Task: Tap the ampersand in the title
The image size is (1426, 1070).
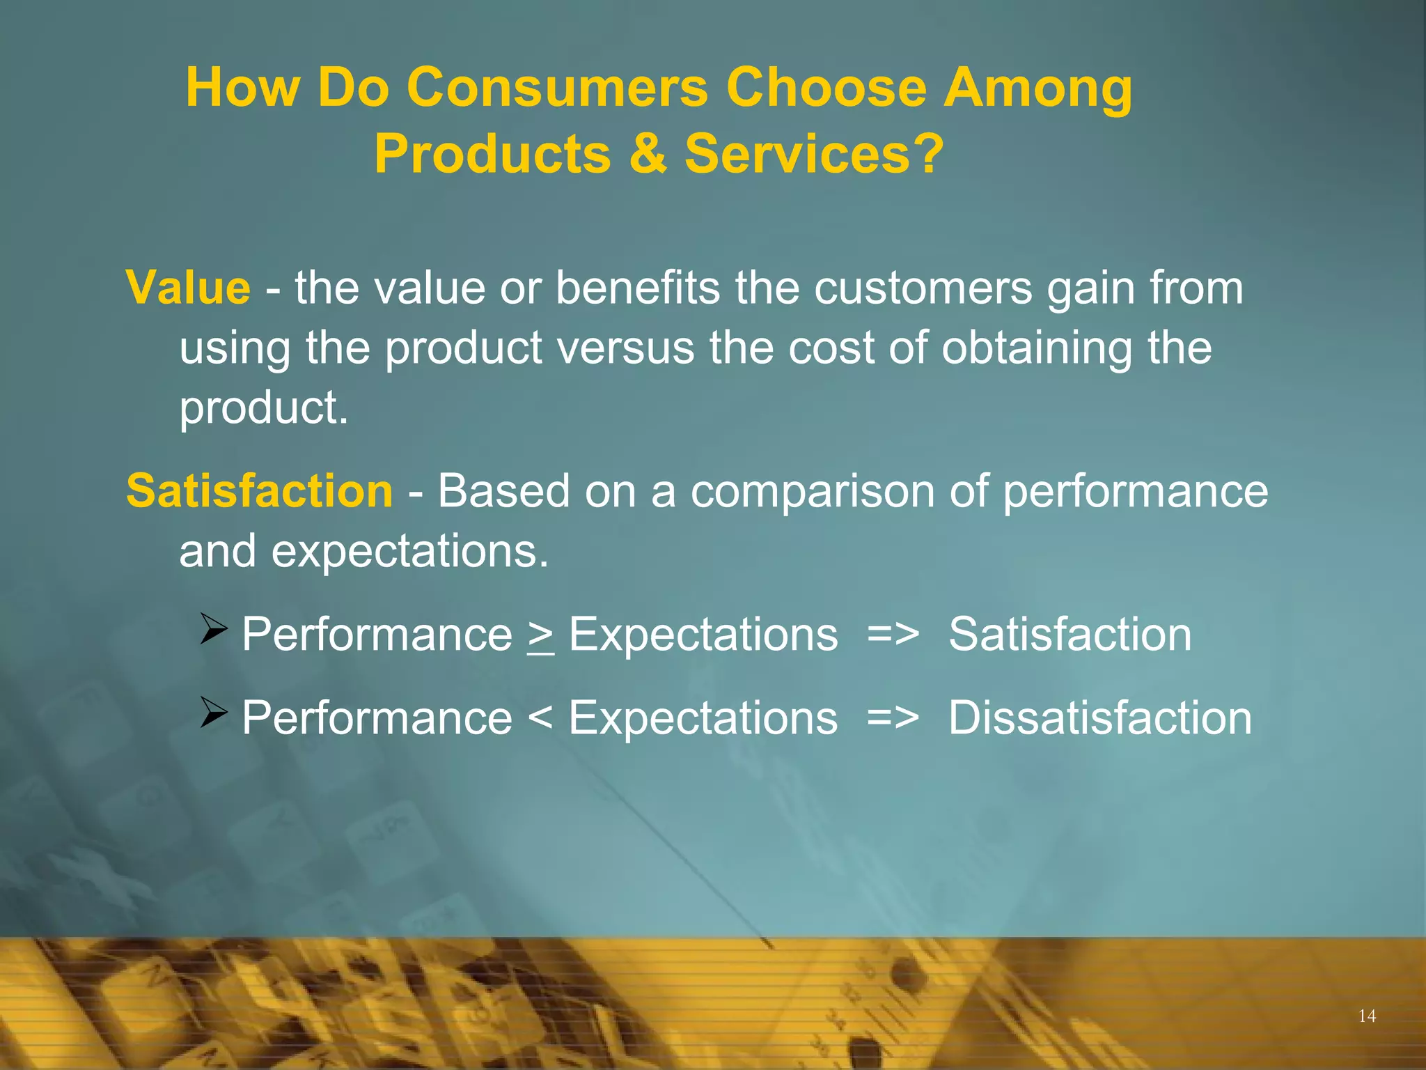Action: point(647,154)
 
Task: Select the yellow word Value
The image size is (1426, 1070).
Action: point(188,288)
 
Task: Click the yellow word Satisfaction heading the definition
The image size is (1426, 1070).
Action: point(260,491)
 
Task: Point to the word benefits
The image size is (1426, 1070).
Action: point(638,288)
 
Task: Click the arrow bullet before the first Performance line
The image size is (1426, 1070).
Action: point(214,628)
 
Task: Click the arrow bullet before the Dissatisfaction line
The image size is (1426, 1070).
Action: point(214,712)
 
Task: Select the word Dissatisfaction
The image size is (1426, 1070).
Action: point(1100,718)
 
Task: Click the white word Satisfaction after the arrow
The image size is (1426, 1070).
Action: point(1069,635)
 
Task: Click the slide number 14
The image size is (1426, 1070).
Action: point(1367,1016)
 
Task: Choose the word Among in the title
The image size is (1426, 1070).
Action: point(1037,88)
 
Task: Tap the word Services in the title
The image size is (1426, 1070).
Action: point(797,154)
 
